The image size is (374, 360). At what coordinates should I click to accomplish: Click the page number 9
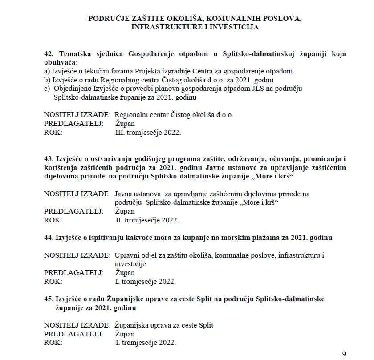[x=343, y=354]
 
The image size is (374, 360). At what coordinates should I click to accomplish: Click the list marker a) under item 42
[x=47, y=71]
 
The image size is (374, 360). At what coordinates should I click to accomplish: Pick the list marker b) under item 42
[x=47, y=80]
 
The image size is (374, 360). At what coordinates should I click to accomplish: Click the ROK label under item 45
[x=53, y=343]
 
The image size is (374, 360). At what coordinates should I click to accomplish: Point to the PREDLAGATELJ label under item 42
[x=73, y=123]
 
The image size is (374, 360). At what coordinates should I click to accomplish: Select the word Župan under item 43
[x=125, y=211]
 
